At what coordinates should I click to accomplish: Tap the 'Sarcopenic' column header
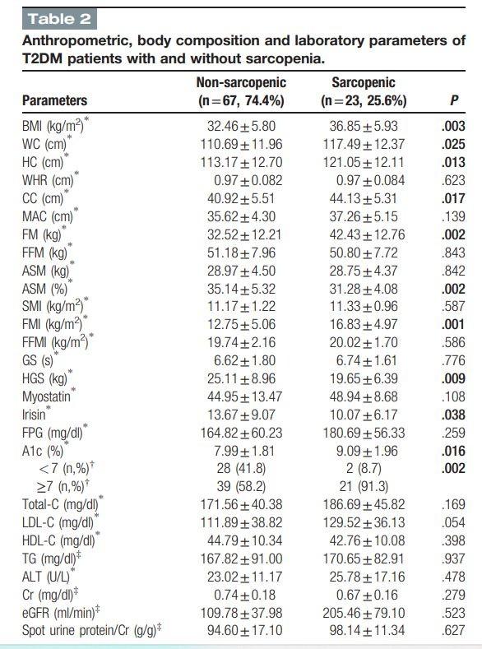[x=363, y=83]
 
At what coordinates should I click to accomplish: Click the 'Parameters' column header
[x=55, y=100]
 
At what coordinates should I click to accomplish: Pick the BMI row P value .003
[x=454, y=127]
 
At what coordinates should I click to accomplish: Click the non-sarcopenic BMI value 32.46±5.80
[x=240, y=127]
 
